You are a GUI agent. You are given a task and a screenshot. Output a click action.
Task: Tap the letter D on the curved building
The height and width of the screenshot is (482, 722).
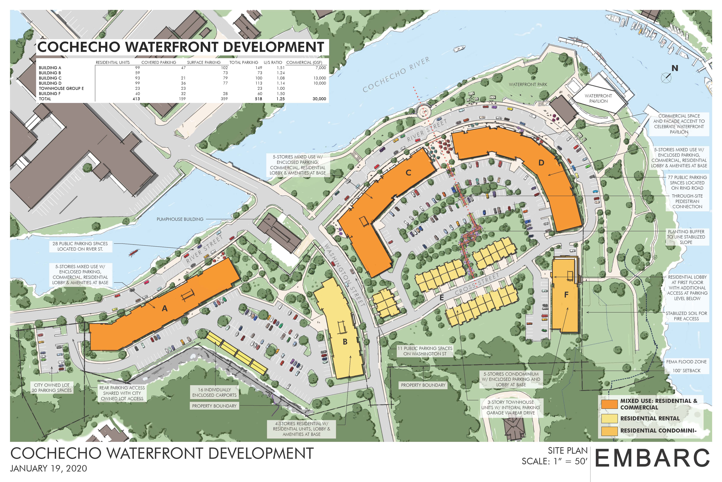point(541,163)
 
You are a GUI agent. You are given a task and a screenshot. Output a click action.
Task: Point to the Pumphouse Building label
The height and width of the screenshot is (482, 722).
point(180,219)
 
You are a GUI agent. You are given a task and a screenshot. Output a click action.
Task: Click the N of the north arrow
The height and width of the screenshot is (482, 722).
point(675,68)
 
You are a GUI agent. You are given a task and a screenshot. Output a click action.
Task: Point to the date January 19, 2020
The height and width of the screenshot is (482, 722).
point(48,469)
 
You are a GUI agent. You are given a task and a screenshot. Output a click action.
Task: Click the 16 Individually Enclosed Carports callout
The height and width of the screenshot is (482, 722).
point(214,392)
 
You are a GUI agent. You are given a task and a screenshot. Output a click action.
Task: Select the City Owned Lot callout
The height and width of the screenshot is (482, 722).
point(52,388)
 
